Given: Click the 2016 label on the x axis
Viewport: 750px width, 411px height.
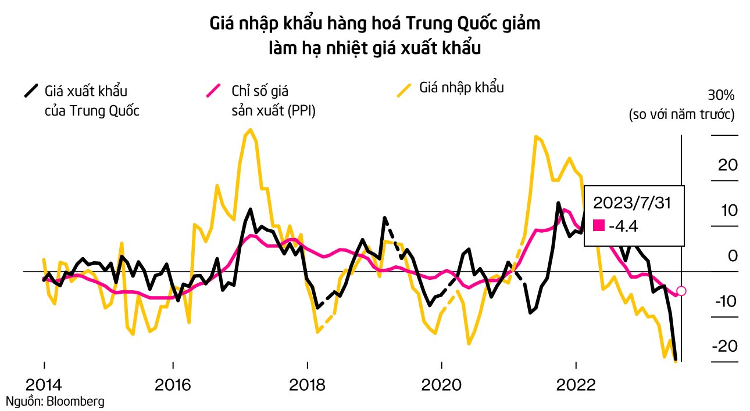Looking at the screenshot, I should coord(173,386).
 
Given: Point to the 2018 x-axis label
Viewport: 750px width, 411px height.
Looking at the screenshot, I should coord(307,386).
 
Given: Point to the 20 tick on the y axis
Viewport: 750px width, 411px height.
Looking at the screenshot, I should coord(728,165).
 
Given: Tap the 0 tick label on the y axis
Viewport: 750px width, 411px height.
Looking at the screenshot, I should coord(732,255).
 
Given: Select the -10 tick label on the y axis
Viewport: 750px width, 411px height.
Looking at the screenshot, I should coord(724,301).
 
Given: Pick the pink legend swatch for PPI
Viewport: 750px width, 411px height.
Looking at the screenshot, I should coord(213,91).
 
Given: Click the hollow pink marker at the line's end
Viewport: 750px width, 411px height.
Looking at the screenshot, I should coord(682,291).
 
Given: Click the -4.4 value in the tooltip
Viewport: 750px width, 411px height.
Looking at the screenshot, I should coord(623,226).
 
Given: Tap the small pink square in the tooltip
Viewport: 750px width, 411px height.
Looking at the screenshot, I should coord(598,226).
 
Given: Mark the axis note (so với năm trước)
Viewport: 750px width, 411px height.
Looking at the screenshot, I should coord(682,114).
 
